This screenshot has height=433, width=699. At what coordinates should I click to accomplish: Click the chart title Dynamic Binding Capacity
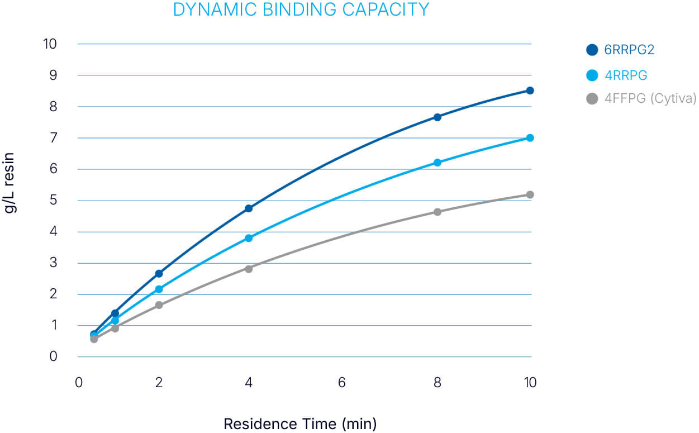pyautogui.click(x=301, y=10)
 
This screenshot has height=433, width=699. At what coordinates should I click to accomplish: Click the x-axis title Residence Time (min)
pyautogui.click(x=300, y=424)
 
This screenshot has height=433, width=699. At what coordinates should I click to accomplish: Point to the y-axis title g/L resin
pyautogui.click(x=11, y=183)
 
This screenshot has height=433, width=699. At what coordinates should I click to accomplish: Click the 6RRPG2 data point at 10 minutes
pyautogui.click(x=530, y=91)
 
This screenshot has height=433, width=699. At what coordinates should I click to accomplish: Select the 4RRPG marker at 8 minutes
pyautogui.click(x=438, y=163)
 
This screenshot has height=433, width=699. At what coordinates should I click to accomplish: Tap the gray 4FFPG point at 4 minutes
pyautogui.click(x=249, y=269)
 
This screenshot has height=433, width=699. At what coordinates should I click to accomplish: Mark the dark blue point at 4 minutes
pyautogui.click(x=249, y=208)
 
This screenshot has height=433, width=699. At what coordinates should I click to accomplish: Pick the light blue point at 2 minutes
pyautogui.click(x=159, y=289)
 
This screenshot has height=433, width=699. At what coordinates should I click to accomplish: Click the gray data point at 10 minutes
pyautogui.click(x=530, y=194)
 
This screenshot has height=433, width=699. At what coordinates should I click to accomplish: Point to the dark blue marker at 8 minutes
pyautogui.click(x=438, y=117)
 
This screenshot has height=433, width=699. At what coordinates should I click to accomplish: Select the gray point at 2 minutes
pyautogui.click(x=159, y=305)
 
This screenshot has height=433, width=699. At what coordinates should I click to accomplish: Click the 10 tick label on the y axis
pyautogui.click(x=50, y=44)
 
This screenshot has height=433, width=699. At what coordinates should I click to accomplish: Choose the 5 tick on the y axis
pyautogui.click(x=54, y=200)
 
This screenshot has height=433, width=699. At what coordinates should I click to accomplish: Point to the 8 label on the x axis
pyautogui.click(x=438, y=383)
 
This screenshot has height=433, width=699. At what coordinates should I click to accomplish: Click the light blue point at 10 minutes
pyautogui.click(x=530, y=138)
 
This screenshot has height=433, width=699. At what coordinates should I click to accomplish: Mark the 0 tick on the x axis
pyautogui.click(x=79, y=383)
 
